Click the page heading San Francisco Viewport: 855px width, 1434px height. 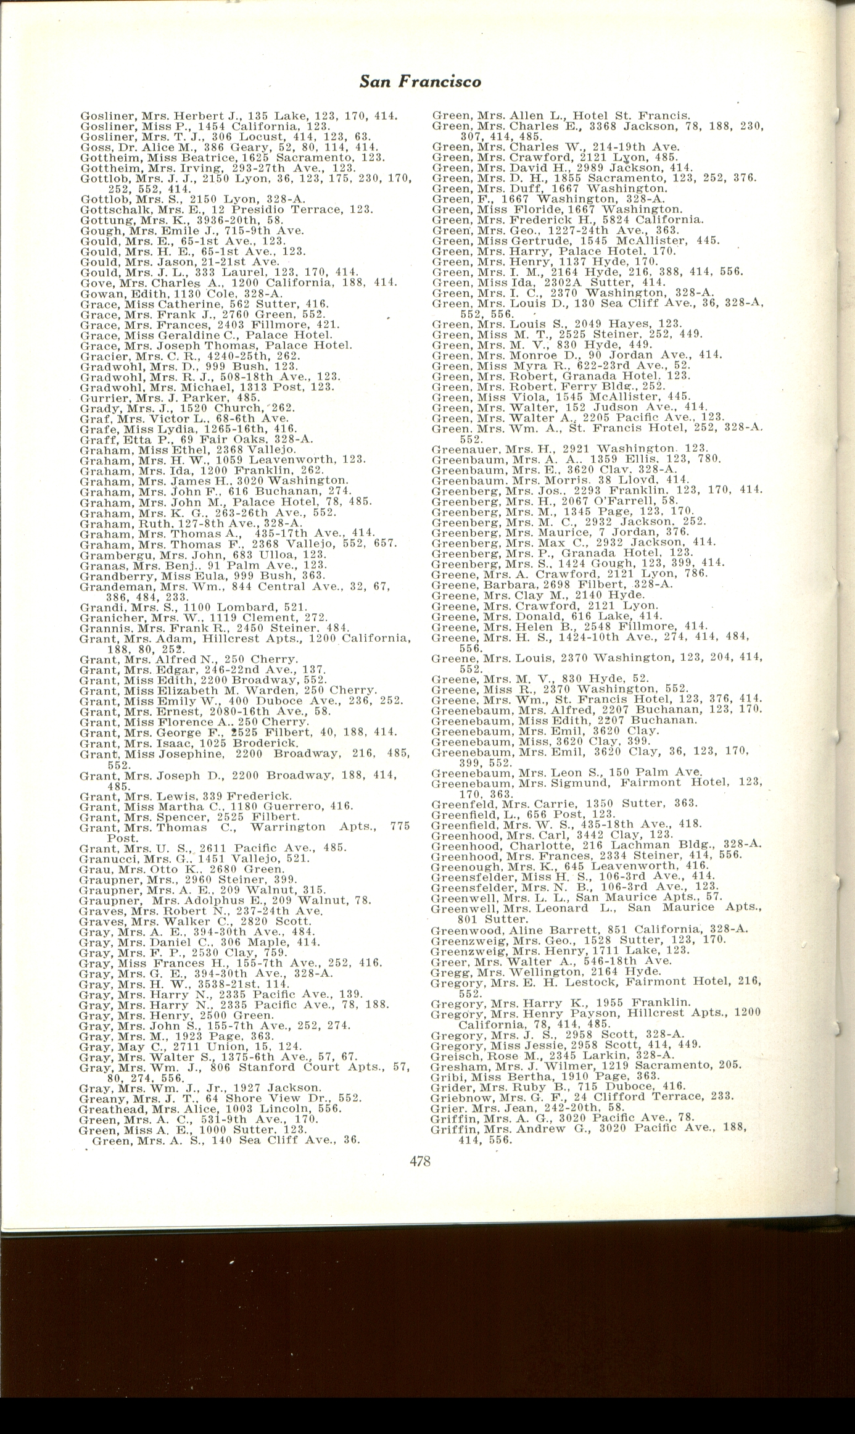tap(420, 81)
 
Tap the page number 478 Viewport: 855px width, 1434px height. tap(419, 1161)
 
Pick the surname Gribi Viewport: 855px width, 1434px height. tap(444, 1075)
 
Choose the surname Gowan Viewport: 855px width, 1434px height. tap(96, 293)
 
